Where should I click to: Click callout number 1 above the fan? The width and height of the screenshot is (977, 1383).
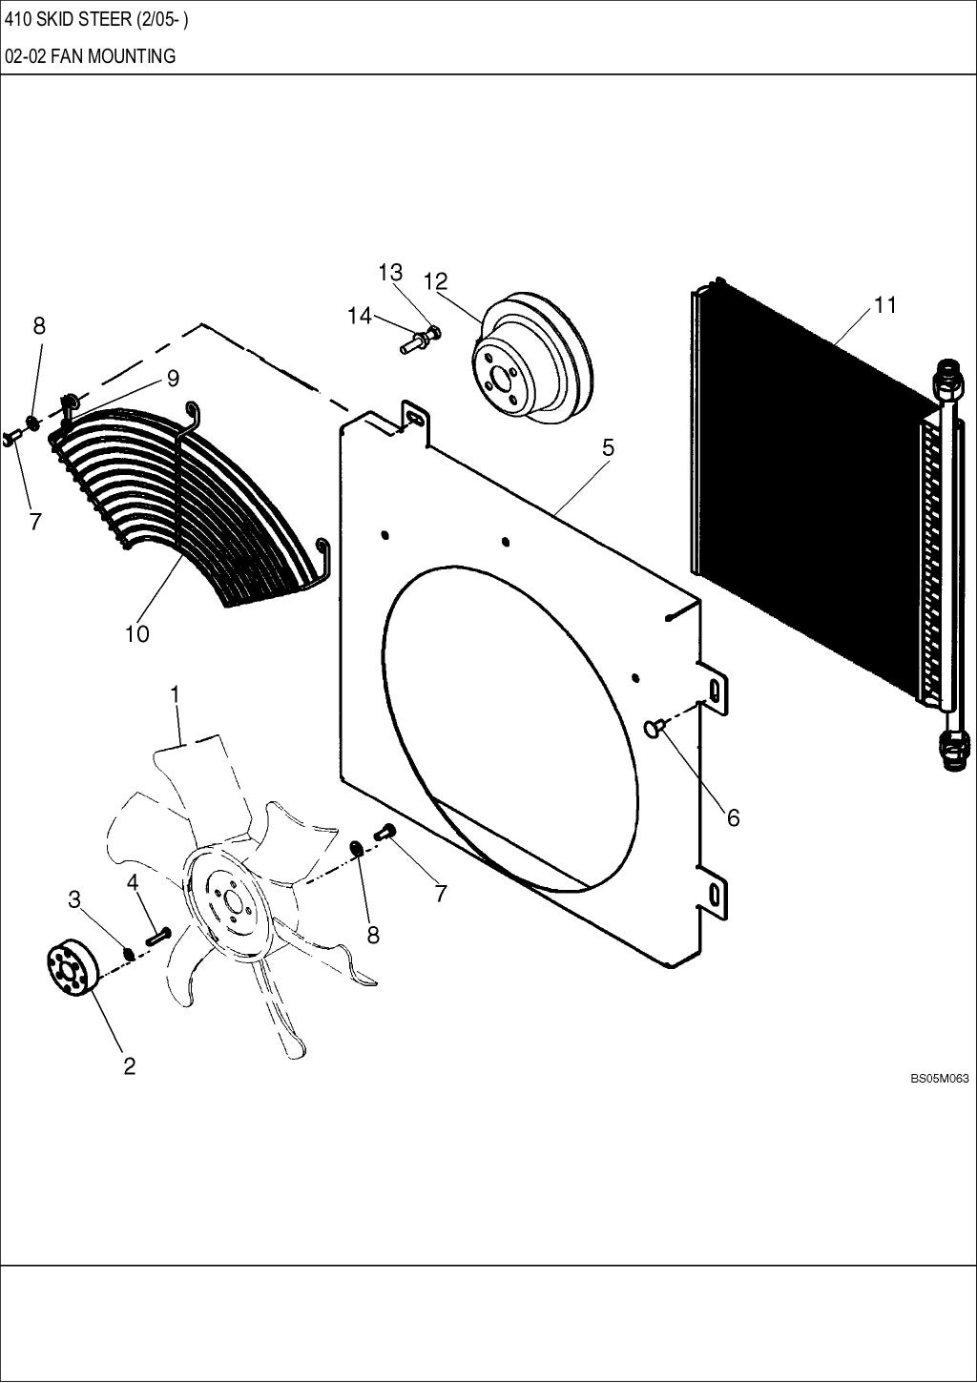(175, 695)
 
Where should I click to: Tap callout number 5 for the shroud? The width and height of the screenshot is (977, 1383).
(607, 447)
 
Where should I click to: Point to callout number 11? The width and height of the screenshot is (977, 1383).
(884, 305)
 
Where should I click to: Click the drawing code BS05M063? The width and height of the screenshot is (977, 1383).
(939, 1079)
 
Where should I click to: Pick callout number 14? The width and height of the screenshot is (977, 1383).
(359, 316)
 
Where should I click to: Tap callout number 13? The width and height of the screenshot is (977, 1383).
(390, 273)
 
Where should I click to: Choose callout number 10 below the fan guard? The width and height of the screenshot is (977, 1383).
(136, 633)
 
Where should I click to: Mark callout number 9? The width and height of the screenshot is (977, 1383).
(173, 379)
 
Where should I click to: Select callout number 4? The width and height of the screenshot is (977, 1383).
(134, 882)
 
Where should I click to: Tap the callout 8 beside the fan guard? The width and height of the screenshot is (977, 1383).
(39, 325)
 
